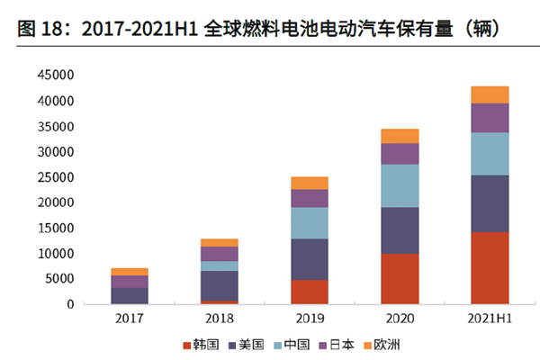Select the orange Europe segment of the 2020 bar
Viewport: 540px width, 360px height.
(x=400, y=136)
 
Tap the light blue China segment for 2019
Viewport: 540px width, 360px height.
(x=310, y=222)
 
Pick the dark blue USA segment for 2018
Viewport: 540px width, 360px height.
(x=220, y=285)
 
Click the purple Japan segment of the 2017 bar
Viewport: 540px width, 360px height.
(x=130, y=282)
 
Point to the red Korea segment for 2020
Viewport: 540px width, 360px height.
(x=400, y=278)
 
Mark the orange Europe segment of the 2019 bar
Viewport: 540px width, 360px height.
(x=310, y=183)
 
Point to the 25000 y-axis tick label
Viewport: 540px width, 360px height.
(x=56, y=177)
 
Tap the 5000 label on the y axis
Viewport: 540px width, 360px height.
(x=59, y=279)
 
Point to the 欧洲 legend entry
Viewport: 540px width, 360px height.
(x=386, y=344)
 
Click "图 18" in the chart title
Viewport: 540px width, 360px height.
(x=38, y=29)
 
